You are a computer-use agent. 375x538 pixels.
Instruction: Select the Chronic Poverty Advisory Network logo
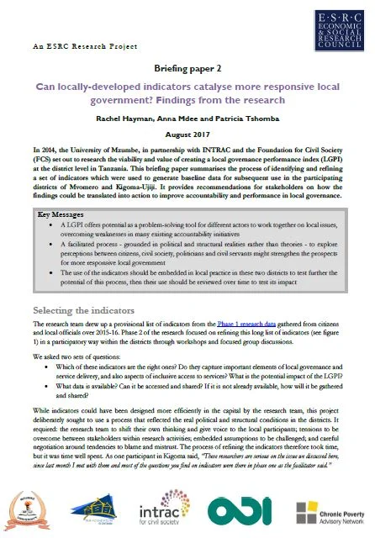tap(324, 509)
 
